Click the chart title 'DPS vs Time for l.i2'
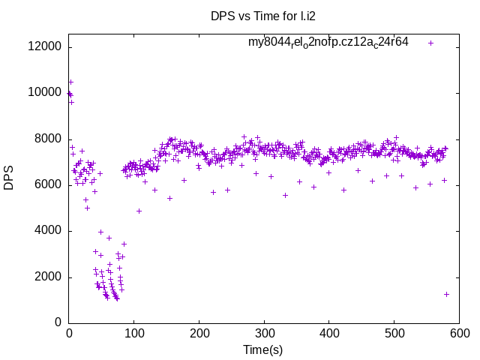coord(262,15)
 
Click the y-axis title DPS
coord(9,178)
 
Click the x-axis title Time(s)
coord(263,349)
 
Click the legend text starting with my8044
coord(328,42)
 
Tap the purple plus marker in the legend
coord(430,43)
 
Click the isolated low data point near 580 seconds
coord(446,294)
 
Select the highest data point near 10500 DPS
coord(70,82)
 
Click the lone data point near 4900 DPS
coord(139,211)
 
